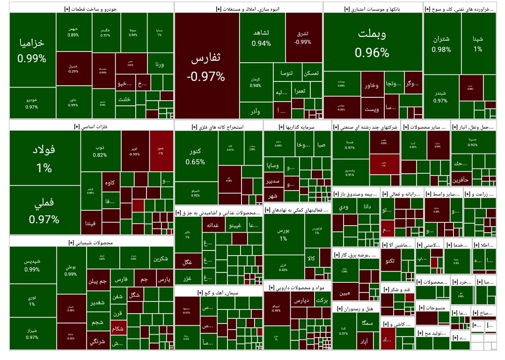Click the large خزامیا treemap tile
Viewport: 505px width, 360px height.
[x=32, y=50]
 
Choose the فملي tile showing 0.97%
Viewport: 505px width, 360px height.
[x=44, y=211]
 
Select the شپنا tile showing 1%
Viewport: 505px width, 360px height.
[x=478, y=43]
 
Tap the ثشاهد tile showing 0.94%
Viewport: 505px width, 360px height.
[x=261, y=37]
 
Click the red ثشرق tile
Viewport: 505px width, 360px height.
[x=303, y=37]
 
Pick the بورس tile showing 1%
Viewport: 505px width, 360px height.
[x=284, y=234]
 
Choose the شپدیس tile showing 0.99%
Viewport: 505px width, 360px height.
[x=32, y=265]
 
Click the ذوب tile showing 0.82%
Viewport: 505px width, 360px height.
[x=100, y=151]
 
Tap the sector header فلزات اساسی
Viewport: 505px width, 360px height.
[x=91, y=126]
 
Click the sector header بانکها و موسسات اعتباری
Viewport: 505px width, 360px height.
[x=373, y=9]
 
